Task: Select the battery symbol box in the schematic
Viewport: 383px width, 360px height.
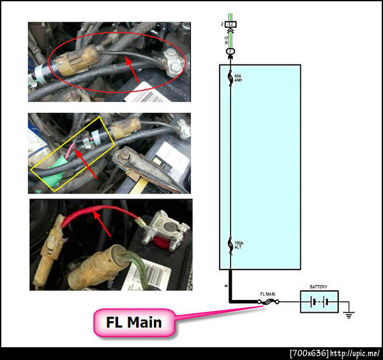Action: pyautogui.click(x=319, y=301)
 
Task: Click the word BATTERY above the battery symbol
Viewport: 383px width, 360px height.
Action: pyautogui.click(x=318, y=287)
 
